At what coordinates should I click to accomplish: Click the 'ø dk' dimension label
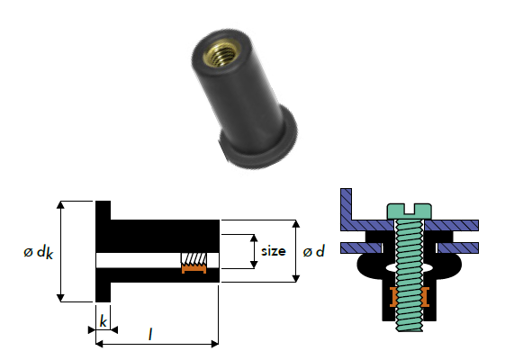tap(39, 252)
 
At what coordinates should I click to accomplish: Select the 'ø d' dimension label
tap(313, 251)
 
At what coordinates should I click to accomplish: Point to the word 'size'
tap(273, 250)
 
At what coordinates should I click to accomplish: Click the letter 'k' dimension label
tap(103, 321)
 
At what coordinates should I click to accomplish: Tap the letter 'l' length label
tap(150, 334)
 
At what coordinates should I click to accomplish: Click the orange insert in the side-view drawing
tap(194, 268)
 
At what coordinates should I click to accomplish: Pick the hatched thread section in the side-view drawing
tap(194, 258)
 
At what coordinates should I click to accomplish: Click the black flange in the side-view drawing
tap(103, 251)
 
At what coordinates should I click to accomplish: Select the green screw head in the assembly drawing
tap(409, 211)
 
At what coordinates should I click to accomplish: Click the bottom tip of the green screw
tap(409, 330)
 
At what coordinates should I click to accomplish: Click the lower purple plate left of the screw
tap(361, 247)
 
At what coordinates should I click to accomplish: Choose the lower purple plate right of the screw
tap(457, 247)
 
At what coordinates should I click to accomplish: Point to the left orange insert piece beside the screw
tap(392, 297)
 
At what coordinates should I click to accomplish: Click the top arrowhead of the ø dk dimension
tap(60, 205)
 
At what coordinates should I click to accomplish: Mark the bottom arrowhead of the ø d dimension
tap(296, 278)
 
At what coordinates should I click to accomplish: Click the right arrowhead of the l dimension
tap(215, 344)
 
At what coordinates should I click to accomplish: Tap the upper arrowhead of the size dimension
tap(254, 238)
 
